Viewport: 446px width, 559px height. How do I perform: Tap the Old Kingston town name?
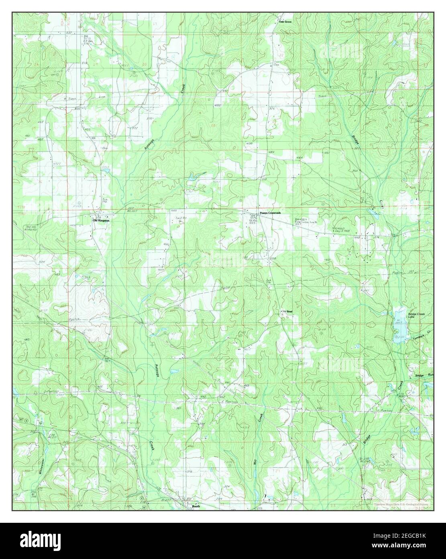[x=101, y=220]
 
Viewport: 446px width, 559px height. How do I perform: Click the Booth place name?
[x=196, y=507]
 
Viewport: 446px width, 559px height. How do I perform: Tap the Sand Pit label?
[x=181, y=218]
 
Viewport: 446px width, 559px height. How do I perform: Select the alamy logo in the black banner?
[x=44, y=541]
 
